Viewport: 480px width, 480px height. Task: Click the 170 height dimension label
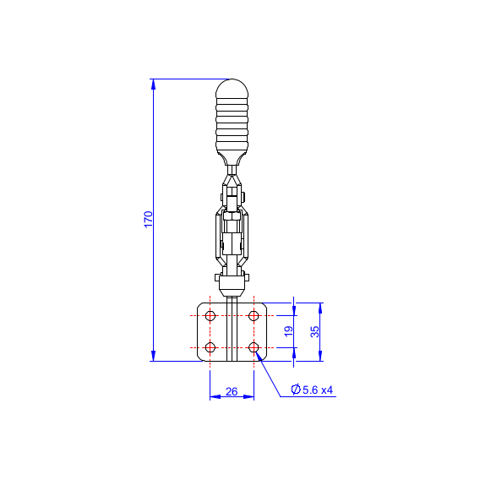149,219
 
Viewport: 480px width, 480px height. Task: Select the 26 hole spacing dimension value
232,391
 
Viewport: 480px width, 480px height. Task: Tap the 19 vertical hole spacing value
288,331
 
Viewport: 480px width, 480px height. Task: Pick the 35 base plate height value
314,331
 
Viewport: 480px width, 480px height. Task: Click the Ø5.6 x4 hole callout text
312,390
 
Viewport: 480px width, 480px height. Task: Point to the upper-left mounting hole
210,315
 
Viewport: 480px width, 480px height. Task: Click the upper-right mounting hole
254,315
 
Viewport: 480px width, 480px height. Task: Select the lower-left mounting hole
210,347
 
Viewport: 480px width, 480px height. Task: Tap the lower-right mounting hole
254,347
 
